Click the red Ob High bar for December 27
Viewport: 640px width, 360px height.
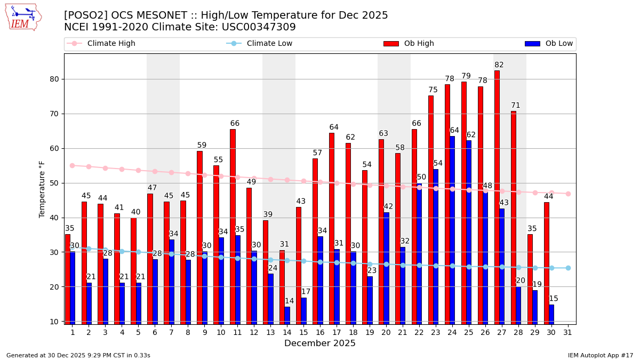click(497, 197)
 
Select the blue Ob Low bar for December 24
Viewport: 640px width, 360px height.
click(452, 229)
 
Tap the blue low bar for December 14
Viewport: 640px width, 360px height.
click(287, 315)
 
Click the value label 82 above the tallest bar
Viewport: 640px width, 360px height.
click(499, 65)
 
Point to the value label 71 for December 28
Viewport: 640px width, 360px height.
click(516, 106)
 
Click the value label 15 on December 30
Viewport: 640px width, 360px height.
click(554, 299)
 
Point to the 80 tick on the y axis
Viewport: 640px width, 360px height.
click(54, 79)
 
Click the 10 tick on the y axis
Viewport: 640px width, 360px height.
click(54, 321)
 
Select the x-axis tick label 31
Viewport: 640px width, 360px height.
click(568, 332)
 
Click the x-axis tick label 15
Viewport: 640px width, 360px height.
click(303, 332)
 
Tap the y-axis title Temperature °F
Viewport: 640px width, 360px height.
click(42, 189)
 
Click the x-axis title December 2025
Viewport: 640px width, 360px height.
click(319, 343)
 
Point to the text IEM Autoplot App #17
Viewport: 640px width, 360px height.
click(600, 355)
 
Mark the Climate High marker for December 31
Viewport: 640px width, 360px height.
click(568, 194)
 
